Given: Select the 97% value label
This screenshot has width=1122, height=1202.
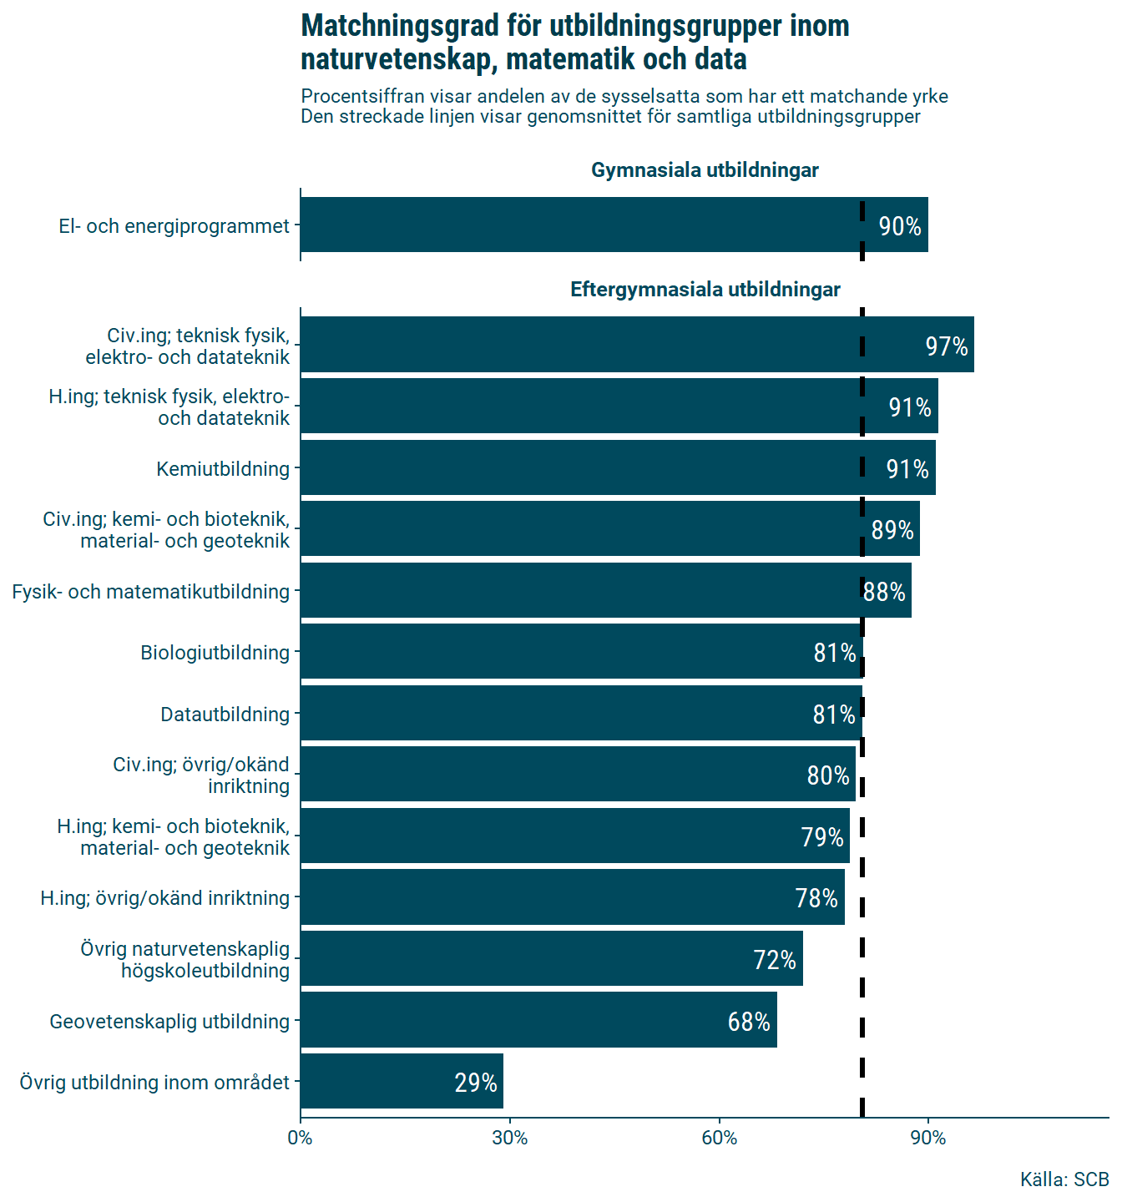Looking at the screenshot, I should tap(946, 346).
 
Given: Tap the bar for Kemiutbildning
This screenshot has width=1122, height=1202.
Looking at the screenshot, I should tap(618, 468).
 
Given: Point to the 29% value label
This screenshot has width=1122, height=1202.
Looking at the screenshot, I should tap(476, 1083).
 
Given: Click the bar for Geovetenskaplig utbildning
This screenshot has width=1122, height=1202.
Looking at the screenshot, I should tap(538, 1021).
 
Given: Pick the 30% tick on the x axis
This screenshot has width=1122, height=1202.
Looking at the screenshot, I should tap(510, 1138).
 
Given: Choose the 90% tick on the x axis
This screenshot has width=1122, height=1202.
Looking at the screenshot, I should tap(928, 1138).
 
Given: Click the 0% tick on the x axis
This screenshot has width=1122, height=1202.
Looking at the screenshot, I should tap(301, 1138).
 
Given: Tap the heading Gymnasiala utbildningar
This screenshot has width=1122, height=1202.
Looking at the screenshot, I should tap(705, 170).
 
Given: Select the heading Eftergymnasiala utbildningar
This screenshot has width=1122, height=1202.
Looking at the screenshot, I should tap(705, 290).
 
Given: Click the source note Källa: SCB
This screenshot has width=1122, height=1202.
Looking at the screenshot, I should tap(1064, 1179).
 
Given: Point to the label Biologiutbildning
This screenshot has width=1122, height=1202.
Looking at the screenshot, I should tap(215, 653).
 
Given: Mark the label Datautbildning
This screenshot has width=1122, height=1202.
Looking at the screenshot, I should tap(225, 715).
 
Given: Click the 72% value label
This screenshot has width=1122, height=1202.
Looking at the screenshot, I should tap(775, 960).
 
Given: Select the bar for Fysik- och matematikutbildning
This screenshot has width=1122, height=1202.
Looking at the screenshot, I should tap(605, 591).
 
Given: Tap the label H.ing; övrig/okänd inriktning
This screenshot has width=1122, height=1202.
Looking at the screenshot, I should tap(164, 898).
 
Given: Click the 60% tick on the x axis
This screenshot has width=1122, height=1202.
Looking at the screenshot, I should tap(720, 1138).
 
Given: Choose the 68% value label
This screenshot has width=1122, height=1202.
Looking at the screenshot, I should tap(749, 1022).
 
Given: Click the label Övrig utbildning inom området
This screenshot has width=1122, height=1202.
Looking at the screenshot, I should tap(154, 1083).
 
